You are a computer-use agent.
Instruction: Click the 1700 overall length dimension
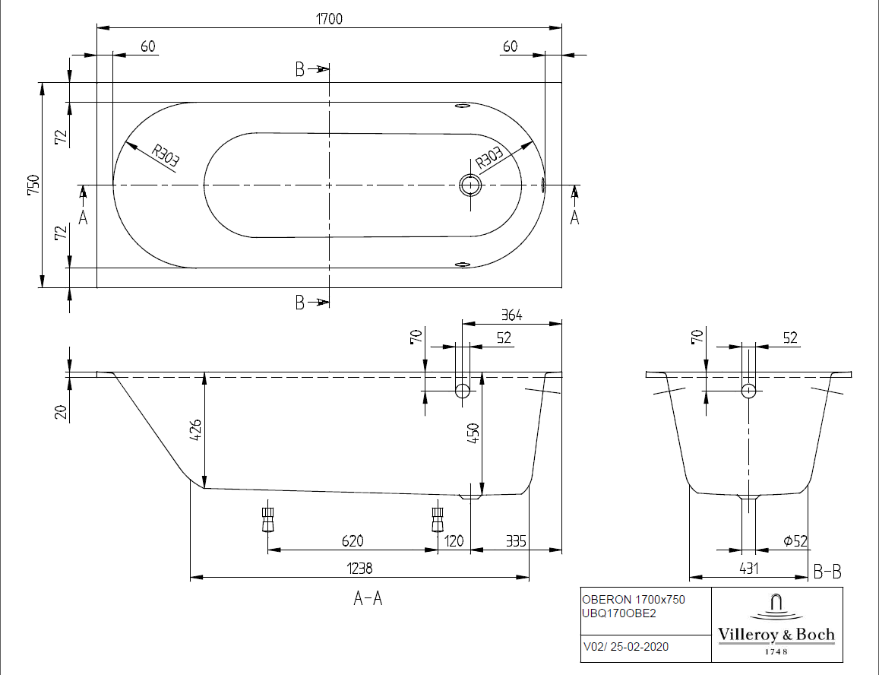click(x=330, y=20)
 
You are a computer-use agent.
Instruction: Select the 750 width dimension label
click(x=33, y=185)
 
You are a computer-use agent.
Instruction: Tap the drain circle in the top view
click(x=470, y=184)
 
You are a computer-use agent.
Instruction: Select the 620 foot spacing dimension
click(x=352, y=540)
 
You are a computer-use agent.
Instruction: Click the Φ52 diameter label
click(x=794, y=540)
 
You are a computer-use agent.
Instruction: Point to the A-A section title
click(x=368, y=599)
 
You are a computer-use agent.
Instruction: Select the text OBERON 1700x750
click(x=633, y=600)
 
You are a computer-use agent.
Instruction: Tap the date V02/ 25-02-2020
click(x=626, y=648)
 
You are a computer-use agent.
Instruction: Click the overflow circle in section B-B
click(x=749, y=391)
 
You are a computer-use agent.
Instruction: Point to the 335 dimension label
click(x=516, y=540)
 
